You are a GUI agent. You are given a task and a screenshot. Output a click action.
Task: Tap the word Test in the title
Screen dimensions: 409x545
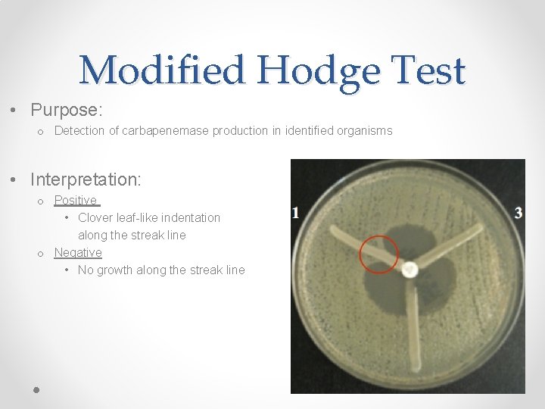[428, 71]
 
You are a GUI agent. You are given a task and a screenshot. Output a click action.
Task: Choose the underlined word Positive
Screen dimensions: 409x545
[76, 201]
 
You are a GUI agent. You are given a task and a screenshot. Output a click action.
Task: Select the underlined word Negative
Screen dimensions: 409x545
[78, 253]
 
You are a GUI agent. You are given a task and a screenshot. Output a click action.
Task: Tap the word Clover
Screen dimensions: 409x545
[95, 218]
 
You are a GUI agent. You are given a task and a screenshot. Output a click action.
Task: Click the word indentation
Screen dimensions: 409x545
[187, 218]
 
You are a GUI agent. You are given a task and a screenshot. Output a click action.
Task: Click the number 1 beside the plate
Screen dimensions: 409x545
[295, 214]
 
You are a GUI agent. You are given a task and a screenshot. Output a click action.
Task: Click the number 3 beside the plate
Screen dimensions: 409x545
[519, 213]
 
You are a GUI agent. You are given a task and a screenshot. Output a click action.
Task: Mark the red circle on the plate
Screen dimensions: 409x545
[379, 254]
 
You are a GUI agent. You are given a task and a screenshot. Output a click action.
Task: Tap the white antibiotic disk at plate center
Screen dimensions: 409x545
[410, 269]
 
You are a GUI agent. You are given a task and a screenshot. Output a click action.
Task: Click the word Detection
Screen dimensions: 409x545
[79, 131]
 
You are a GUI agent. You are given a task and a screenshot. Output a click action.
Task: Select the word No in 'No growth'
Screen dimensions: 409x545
[86, 270]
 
